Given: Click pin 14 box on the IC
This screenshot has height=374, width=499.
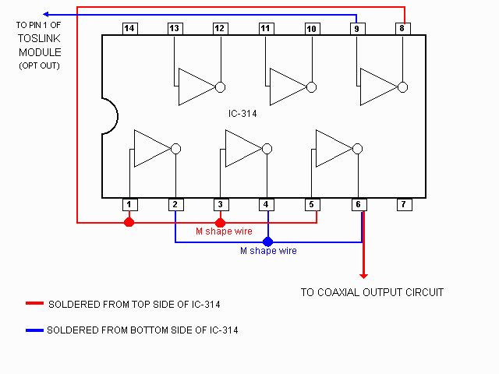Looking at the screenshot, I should point(129,29).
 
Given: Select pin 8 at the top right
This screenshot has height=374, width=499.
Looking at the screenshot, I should point(402,29).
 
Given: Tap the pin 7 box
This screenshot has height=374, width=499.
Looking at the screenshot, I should point(402,205).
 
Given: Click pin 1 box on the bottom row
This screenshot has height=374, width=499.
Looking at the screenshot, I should point(129,205).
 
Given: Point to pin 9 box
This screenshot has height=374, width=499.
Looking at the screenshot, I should point(356,29).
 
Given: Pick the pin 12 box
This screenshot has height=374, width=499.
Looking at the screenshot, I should point(220,29).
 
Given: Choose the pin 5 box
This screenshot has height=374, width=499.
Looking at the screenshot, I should point(311,205).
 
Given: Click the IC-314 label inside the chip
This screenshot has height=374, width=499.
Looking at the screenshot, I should point(242,113).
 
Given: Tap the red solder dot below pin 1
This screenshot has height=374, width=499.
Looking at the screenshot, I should point(129,222).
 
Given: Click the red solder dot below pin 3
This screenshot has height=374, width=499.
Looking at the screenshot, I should point(220,222).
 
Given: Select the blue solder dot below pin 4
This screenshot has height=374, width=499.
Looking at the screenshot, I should point(267,242).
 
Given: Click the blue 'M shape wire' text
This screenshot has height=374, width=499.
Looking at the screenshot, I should point(268,251).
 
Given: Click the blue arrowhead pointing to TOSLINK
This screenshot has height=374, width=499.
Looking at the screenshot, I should point(46,14).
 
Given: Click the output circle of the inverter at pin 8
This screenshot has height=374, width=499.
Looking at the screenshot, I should point(402,87).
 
